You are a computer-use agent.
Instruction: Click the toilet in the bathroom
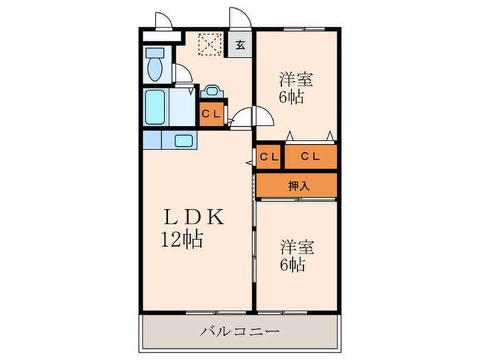pyautogui.click(x=155, y=64)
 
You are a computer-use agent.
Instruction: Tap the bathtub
pyautogui.click(x=155, y=107)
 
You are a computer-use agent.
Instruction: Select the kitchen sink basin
pyautogui.click(x=183, y=141)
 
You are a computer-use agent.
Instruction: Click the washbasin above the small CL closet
pyautogui.click(x=212, y=91)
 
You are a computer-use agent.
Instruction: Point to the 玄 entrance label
pyautogui.click(x=240, y=45)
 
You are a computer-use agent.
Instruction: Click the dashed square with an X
pyautogui.click(x=210, y=45)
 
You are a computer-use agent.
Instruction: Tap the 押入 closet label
pyautogui.click(x=299, y=186)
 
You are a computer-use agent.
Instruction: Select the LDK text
pyautogui.click(x=194, y=217)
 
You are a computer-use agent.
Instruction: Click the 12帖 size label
pyautogui.click(x=182, y=239)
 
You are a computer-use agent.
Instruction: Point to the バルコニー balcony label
pyautogui.click(x=240, y=331)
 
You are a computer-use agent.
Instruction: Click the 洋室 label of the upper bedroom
pyautogui.click(x=296, y=80)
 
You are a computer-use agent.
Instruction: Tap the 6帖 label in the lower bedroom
pyautogui.click(x=292, y=265)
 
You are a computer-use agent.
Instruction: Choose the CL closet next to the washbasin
pyautogui.click(x=211, y=115)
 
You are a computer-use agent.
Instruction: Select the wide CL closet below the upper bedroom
pyautogui.click(x=311, y=156)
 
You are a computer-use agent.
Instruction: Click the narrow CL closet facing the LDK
pyautogui.click(x=269, y=157)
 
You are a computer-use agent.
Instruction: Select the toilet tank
pyautogui.click(x=155, y=52)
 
